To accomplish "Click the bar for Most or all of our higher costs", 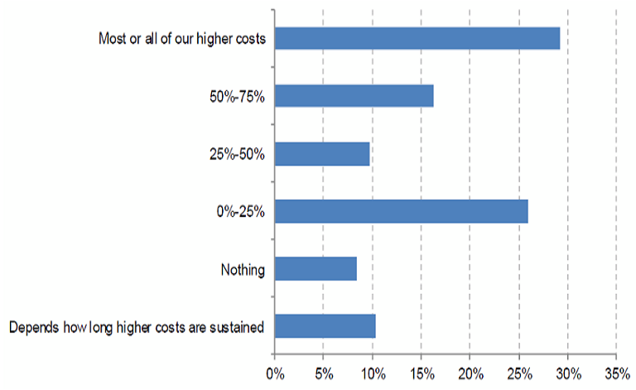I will [417, 38].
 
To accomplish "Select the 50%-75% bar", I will [354, 96].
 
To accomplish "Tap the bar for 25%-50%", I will [321, 154].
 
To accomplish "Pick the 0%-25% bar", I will [401, 211].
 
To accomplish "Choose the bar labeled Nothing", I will [315, 269].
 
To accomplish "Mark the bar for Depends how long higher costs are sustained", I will [325, 326].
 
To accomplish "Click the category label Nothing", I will [242, 269].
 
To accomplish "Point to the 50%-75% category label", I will [237, 97].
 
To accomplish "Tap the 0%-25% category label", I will [239, 212].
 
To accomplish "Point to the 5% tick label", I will [323, 373].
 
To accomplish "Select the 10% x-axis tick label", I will [372, 373].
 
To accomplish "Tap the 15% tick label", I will [421, 373].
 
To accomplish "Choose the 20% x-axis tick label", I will [470, 373].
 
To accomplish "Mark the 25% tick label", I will [518, 373].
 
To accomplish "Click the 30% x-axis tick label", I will [568, 373].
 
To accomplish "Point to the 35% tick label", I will [617, 373].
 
